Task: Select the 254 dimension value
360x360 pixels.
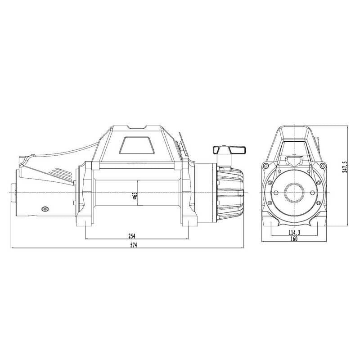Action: click(x=132, y=236)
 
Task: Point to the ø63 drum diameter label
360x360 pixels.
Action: click(x=135, y=197)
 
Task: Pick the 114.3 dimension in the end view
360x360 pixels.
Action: click(x=294, y=232)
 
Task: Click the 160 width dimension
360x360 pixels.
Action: click(x=294, y=239)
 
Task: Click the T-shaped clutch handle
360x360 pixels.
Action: click(x=229, y=150)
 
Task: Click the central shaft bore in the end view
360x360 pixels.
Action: click(x=294, y=192)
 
